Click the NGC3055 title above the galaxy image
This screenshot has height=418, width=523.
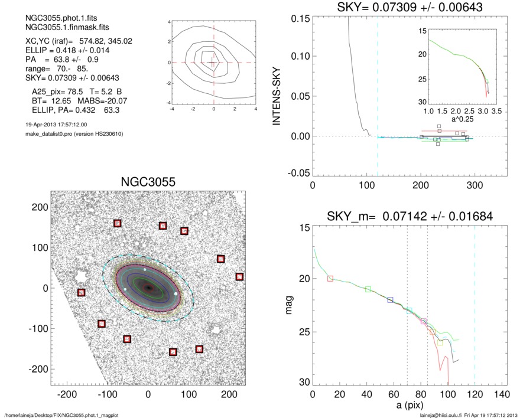point(148,182)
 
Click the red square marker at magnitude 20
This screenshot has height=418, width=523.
point(330,278)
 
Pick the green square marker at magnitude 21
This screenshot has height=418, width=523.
point(368,289)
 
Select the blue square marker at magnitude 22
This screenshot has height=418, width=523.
point(390,300)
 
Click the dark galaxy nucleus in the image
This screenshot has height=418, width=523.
point(149,288)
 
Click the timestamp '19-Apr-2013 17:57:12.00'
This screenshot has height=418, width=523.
point(53,125)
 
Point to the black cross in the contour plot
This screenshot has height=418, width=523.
point(213,62)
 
